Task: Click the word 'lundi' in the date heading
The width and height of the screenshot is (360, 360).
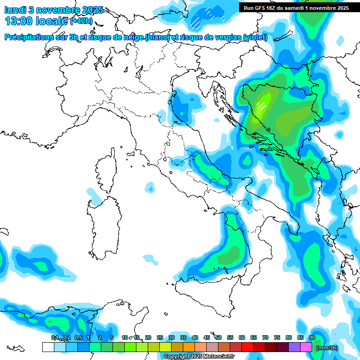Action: click(15, 10)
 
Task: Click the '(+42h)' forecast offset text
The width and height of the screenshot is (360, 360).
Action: click(81, 22)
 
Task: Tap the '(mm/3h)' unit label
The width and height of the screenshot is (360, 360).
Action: click(327, 348)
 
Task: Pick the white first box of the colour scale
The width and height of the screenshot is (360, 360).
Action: click(48, 347)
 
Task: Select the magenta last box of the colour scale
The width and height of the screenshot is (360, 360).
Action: click(306, 347)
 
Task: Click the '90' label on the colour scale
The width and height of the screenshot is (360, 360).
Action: click(312, 337)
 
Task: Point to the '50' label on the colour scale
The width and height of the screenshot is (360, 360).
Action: click(218, 337)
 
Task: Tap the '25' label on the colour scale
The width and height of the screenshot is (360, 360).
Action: click(160, 337)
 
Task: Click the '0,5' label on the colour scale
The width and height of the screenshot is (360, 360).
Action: click(78, 337)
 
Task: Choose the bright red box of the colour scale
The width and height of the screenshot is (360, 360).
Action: click(247, 347)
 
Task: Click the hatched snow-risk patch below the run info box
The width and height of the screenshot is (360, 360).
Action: click(196, 20)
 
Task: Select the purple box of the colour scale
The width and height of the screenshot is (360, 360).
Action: click(294, 347)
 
